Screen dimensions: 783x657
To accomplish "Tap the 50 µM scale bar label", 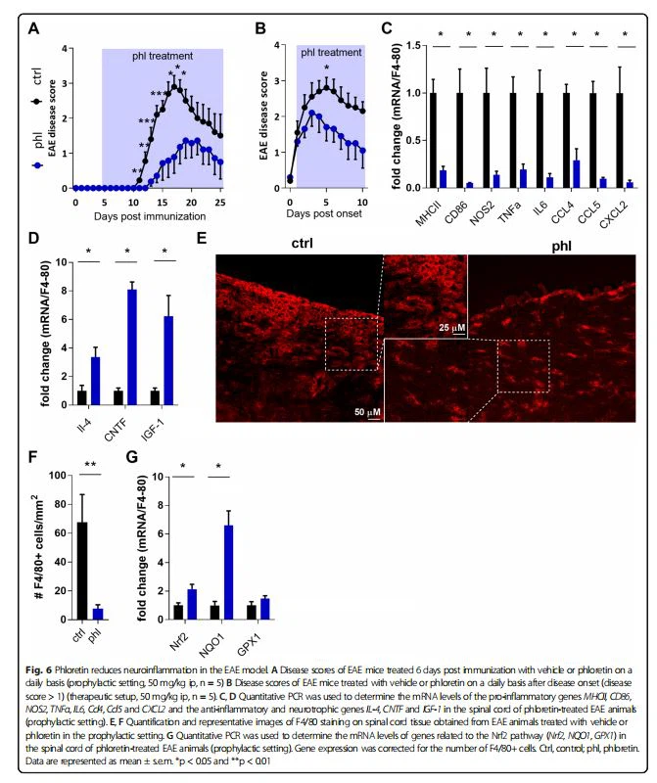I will click(x=369, y=414).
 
